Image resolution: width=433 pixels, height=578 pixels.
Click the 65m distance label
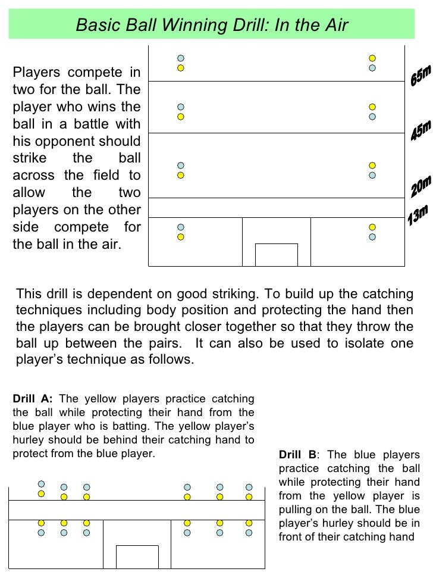tap(420, 76)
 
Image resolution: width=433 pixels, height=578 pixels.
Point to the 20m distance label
tap(421, 188)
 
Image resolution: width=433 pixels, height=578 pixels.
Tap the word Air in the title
tap(334, 26)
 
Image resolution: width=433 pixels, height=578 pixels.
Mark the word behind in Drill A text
tap(165, 440)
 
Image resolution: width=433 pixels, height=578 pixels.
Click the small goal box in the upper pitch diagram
tap(276, 254)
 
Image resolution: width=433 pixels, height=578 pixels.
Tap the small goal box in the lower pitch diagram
tap(137, 556)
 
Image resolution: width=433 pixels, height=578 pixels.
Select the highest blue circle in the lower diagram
tap(42, 484)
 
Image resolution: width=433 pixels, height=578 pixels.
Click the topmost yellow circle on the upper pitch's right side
tap(372, 58)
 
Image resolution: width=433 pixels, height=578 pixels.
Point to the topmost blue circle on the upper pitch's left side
tap(181, 58)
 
